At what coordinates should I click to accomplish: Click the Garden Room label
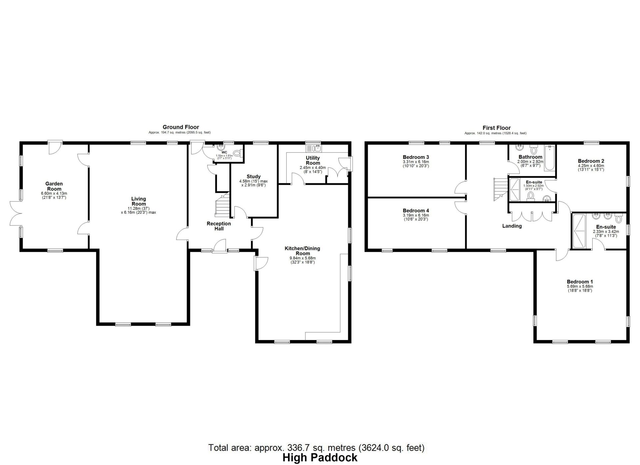(x=54, y=186)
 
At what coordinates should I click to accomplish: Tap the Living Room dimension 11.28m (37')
(x=138, y=208)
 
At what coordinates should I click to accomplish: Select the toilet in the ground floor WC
(x=237, y=154)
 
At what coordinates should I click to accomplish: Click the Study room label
(x=253, y=177)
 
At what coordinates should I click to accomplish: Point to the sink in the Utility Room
(x=313, y=147)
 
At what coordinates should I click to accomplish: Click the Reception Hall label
(x=219, y=226)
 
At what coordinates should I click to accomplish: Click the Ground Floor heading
(x=181, y=127)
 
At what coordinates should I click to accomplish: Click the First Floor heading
(x=496, y=128)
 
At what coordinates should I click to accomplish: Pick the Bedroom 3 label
(x=416, y=157)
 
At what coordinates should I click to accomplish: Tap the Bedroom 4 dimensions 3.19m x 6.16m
(x=416, y=215)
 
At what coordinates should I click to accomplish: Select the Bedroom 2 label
(x=591, y=161)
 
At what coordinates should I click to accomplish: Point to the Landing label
(x=512, y=226)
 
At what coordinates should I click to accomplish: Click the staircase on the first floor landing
(x=500, y=188)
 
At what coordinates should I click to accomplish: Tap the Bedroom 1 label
(x=580, y=281)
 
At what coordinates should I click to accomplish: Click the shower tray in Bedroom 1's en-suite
(x=579, y=231)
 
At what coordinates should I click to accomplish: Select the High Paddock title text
(x=320, y=458)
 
